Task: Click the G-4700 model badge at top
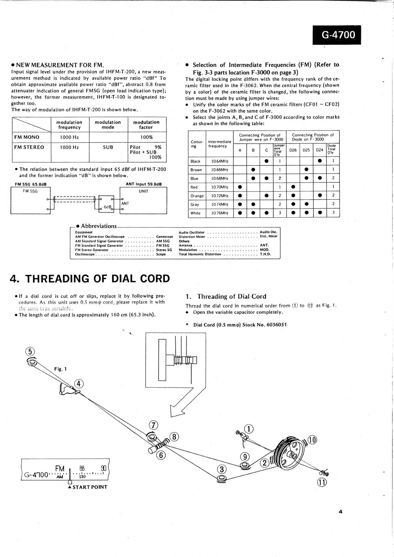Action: tap(337, 35)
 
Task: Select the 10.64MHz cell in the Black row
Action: tap(220, 161)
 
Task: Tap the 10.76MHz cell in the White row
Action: tap(220, 213)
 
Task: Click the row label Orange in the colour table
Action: tap(197, 196)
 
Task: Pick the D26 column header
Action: tap(293, 150)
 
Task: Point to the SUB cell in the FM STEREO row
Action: tap(108, 147)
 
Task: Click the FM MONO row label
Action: tap(27, 137)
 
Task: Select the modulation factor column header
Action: tap(146, 125)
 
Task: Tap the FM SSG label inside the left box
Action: tap(30, 191)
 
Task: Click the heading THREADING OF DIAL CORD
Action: tap(90, 278)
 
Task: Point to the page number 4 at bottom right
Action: tap(340, 512)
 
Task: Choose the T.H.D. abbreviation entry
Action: tap(265, 254)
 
